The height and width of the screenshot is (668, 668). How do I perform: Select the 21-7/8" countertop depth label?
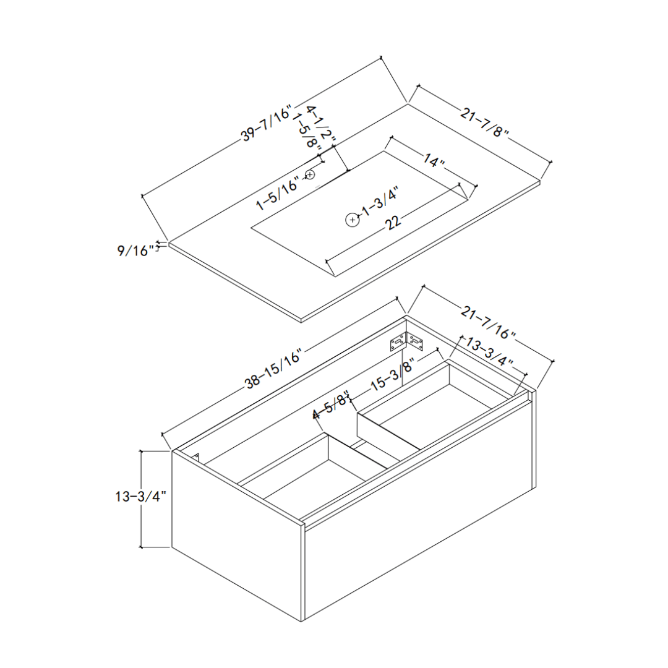(484, 124)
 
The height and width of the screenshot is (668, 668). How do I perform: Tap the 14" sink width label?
(434, 161)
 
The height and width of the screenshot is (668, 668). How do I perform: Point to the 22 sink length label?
(392, 223)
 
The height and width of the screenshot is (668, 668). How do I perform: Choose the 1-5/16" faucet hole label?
(278, 192)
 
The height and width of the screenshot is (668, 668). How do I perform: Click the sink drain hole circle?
(352, 220)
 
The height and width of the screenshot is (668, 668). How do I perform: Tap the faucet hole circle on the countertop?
(310, 175)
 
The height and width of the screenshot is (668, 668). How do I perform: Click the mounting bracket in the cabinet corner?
(406, 342)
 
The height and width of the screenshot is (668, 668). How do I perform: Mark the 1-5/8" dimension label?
(307, 132)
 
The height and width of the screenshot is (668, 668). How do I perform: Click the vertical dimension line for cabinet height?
(142, 499)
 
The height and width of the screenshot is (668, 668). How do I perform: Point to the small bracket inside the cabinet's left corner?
(197, 457)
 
